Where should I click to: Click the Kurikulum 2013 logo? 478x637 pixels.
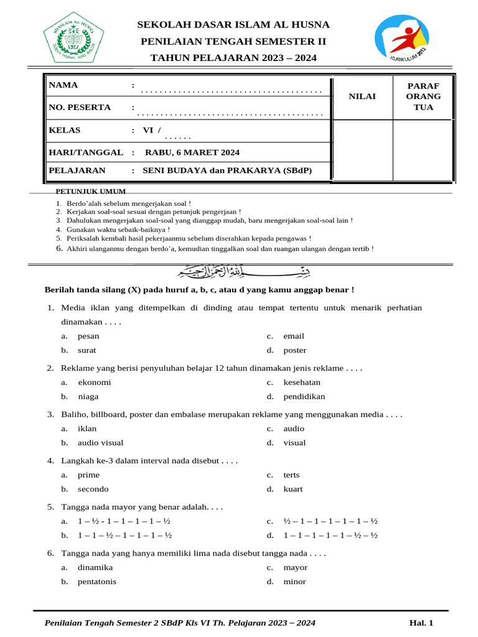click(x=401, y=40)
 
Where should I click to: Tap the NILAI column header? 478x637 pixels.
click(x=362, y=96)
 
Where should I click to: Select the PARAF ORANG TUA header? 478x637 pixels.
click(x=423, y=96)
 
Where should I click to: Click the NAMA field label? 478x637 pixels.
click(x=63, y=85)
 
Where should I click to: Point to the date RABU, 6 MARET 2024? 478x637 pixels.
click(x=192, y=152)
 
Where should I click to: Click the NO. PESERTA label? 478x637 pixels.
click(x=80, y=108)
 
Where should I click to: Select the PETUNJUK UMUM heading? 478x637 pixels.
click(x=91, y=192)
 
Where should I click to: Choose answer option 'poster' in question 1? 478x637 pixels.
click(x=294, y=350)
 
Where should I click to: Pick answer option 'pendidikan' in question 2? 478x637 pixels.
click(x=304, y=396)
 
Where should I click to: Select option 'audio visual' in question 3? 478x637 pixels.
click(x=100, y=443)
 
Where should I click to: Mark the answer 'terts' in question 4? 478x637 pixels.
click(x=291, y=475)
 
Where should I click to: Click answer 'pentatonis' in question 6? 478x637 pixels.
click(x=96, y=582)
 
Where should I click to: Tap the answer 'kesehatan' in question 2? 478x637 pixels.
click(x=302, y=383)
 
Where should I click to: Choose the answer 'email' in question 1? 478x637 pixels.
click(x=294, y=336)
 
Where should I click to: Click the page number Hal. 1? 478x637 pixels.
click(x=421, y=623)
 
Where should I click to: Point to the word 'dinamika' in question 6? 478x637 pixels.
click(x=95, y=567)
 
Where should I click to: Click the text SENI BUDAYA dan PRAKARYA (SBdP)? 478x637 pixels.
click(x=227, y=170)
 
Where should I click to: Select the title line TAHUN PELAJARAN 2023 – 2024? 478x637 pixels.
click(x=234, y=58)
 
